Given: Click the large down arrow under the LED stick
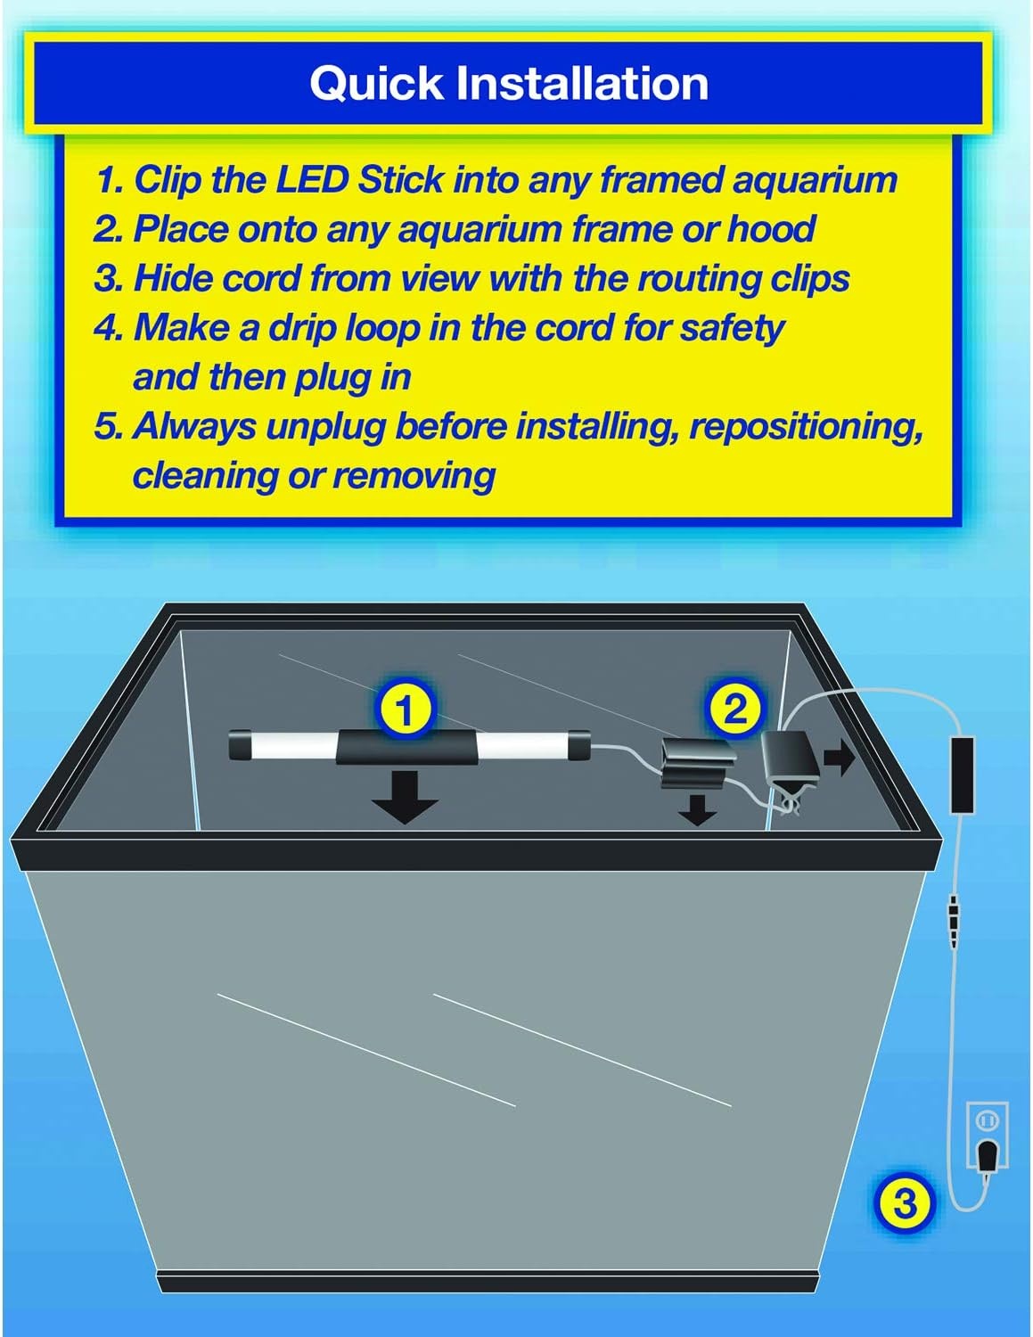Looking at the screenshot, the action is (x=405, y=796).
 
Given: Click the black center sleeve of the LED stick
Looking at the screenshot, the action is (x=407, y=747).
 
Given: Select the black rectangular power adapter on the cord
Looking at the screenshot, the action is (x=963, y=775).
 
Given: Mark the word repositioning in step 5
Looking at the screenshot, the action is (x=807, y=426).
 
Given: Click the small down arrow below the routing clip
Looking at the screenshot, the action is (x=696, y=809).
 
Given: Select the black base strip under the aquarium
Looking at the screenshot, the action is (x=488, y=1281).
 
